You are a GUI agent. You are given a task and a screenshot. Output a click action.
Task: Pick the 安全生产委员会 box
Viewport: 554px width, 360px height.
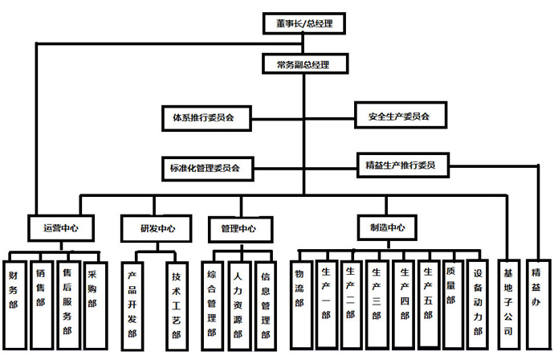(x=393, y=116)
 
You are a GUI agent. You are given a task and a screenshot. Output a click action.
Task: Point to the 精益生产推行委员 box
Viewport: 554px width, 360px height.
(x=400, y=166)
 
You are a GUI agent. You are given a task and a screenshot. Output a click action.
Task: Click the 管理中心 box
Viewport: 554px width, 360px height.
(x=238, y=228)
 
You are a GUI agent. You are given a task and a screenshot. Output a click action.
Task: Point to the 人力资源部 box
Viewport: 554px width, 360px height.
(x=238, y=299)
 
